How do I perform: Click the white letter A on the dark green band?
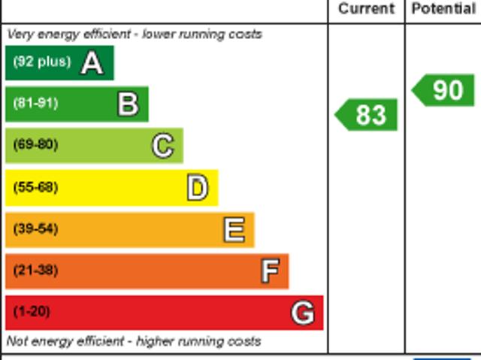[92, 63]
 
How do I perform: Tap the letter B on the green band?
[128, 104]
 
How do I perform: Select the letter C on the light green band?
[162, 146]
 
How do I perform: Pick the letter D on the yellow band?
[197, 188]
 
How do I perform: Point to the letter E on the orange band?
[234, 230]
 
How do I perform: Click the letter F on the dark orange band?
[269, 271]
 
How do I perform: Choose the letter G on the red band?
[302, 312]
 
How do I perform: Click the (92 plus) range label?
[41, 62]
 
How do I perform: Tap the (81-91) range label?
[35, 103]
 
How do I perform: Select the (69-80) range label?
[35, 144]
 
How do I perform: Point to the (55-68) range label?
[35, 187]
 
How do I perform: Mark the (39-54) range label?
[35, 228]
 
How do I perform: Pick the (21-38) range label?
[35, 270]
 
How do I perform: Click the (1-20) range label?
[32, 311]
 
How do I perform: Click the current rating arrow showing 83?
[367, 115]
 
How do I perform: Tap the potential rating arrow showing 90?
[444, 90]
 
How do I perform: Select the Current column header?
[366, 9]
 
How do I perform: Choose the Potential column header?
[443, 9]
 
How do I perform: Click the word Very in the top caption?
[20, 35]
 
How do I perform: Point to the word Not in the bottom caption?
[17, 341]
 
